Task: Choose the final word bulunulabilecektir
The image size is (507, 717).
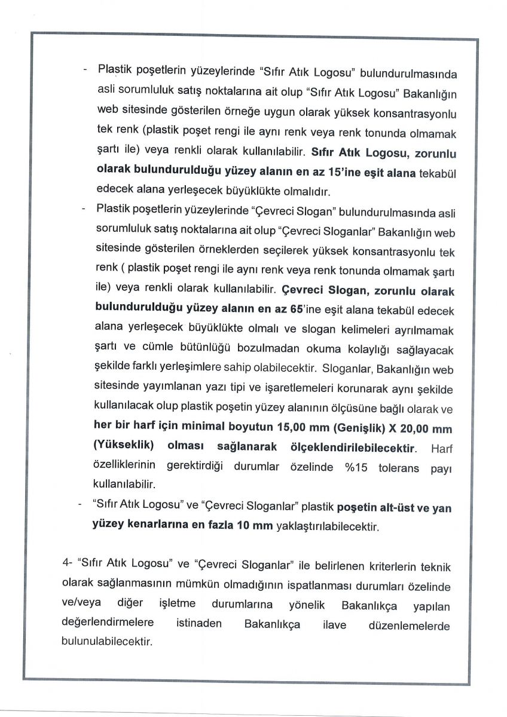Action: tap(107, 644)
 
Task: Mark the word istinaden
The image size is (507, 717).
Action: tap(198, 624)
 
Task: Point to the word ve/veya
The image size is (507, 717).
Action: tap(81, 605)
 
